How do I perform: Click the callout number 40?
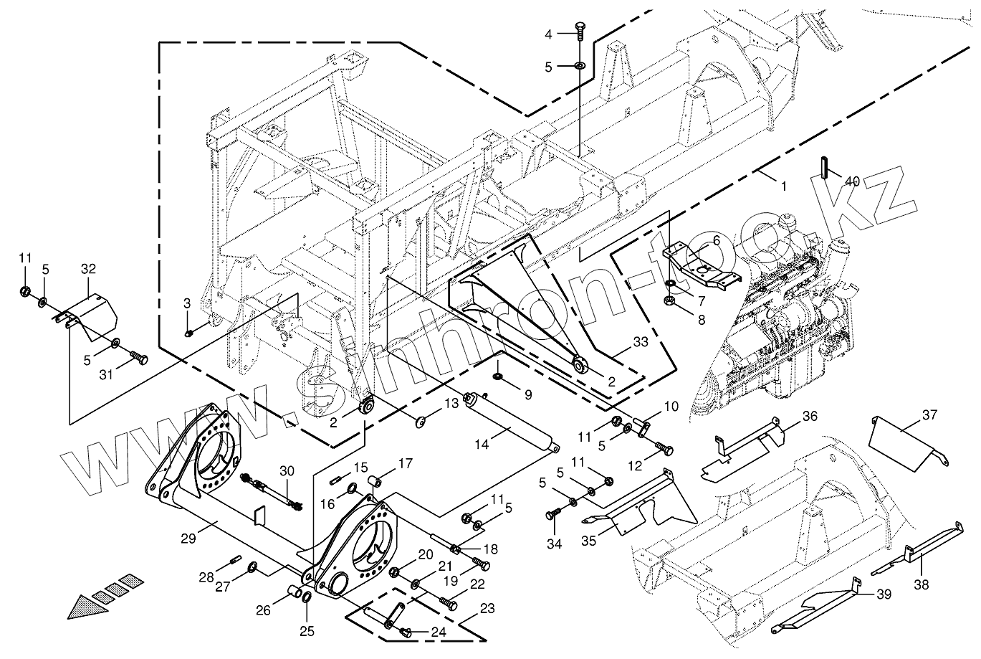851,182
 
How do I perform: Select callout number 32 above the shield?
88,270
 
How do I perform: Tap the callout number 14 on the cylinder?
481,445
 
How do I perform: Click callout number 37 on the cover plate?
930,415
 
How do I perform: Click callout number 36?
809,416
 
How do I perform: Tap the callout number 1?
783,186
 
